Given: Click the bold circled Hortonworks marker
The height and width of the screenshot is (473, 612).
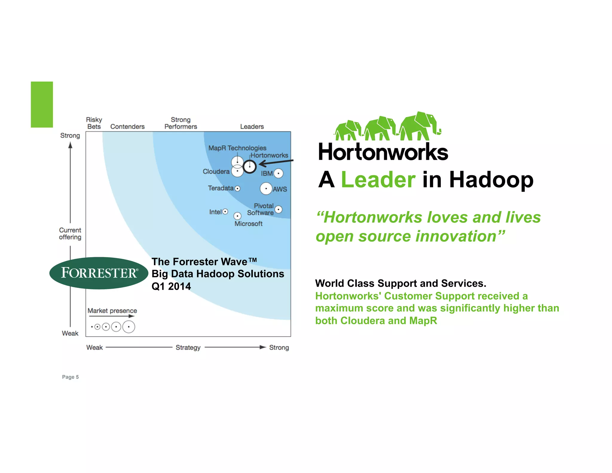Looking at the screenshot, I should [x=250, y=167].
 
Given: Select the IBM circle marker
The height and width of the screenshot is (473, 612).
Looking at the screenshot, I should [x=278, y=173].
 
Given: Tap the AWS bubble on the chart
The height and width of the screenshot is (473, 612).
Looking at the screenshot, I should [x=266, y=189].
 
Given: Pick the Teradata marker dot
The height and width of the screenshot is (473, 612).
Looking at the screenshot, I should [x=237, y=188].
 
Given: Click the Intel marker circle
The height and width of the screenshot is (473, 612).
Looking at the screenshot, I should [x=225, y=212].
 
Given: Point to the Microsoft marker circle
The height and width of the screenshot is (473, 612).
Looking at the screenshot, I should [x=237, y=216].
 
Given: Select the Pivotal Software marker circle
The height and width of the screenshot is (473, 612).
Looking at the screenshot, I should [x=278, y=210].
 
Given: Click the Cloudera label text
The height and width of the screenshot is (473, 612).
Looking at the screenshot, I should [x=216, y=172].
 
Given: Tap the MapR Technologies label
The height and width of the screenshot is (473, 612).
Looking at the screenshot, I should [x=237, y=148].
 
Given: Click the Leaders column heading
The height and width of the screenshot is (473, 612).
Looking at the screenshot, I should [x=252, y=127].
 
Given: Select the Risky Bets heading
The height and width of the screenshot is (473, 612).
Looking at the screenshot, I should [x=94, y=123].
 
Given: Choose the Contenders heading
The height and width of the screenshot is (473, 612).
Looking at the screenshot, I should [x=127, y=127].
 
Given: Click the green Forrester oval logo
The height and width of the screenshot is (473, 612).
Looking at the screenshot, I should [x=99, y=273].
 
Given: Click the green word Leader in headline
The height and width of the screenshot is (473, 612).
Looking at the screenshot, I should [x=378, y=180].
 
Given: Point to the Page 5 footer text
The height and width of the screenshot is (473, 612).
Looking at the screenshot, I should [x=70, y=377].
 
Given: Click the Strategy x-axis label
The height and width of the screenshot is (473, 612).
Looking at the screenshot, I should [x=188, y=347].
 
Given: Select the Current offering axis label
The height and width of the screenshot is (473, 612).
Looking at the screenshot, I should [x=70, y=234].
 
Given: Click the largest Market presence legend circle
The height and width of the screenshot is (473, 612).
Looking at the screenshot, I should [x=128, y=327].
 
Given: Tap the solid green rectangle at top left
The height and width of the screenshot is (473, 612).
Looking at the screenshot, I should [x=42, y=104].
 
